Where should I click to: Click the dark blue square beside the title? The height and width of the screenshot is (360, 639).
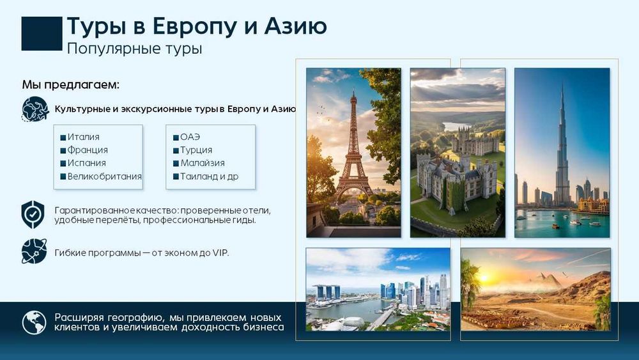pos(42,33)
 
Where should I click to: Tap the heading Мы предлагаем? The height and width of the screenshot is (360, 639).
pos(70,84)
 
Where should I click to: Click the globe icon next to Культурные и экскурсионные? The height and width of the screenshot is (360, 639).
pos(34,109)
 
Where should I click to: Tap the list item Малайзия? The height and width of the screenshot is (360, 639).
pos(196,163)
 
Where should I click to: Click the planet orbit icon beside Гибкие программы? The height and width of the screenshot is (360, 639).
pos(34,251)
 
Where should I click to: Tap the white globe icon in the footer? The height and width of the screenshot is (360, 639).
pos(34,322)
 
